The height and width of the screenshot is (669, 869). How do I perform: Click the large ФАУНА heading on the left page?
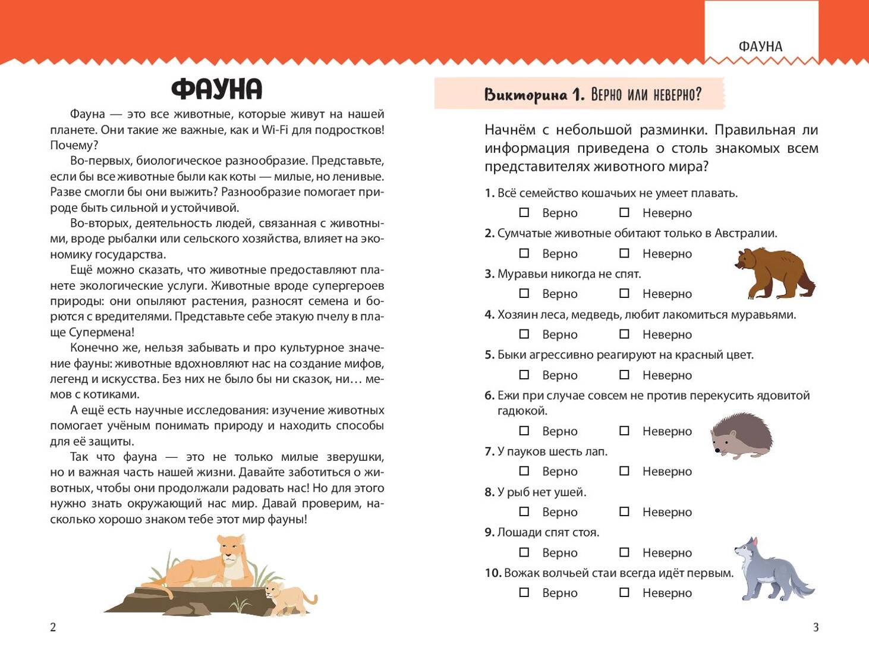pyautogui.click(x=216, y=89)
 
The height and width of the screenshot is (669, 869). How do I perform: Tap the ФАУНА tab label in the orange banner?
pyautogui.click(x=760, y=46)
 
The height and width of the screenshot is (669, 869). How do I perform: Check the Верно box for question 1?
pyautogui.click(x=524, y=212)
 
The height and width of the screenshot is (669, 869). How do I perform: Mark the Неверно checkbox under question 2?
pyautogui.click(x=624, y=253)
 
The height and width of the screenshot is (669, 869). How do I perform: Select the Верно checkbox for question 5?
pyautogui.click(x=524, y=375)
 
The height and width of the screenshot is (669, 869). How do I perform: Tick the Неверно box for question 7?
pyautogui.click(x=624, y=471)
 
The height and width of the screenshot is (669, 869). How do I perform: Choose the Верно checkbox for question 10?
pyautogui.click(x=524, y=592)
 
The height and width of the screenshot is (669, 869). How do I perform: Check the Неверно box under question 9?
pyautogui.click(x=624, y=552)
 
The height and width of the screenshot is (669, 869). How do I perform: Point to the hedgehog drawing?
pyautogui.click(x=742, y=436)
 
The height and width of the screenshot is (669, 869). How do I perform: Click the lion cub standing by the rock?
pyautogui.click(x=288, y=598)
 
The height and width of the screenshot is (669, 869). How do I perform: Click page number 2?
pyautogui.click(x=53, y=627)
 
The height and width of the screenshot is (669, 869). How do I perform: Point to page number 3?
pyautogui.click(x=816, y=627)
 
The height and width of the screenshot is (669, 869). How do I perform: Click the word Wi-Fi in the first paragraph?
pyautogui.click(x=275, y=130)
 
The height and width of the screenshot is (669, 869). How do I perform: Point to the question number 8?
pyautogui.click(x=489, y=492)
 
